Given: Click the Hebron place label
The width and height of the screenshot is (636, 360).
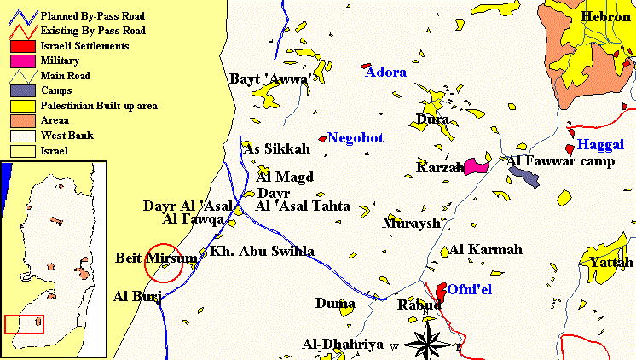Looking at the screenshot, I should [605, 17].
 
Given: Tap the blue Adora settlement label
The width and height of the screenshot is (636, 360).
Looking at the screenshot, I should [385, 73].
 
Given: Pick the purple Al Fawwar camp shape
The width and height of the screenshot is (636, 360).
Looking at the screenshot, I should [525, 176].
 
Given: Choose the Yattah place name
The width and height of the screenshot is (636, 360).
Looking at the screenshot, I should [611, 263].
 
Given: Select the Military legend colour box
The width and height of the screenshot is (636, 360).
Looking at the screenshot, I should [21, 61].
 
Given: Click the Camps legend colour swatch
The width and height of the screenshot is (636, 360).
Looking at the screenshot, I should [21, 90].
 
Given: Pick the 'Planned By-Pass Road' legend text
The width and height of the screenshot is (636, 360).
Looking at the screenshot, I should [93, 15].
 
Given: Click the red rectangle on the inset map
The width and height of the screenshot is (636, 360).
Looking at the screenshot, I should [22, 324].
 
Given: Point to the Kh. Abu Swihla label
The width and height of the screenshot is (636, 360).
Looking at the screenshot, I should [262, 252].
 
